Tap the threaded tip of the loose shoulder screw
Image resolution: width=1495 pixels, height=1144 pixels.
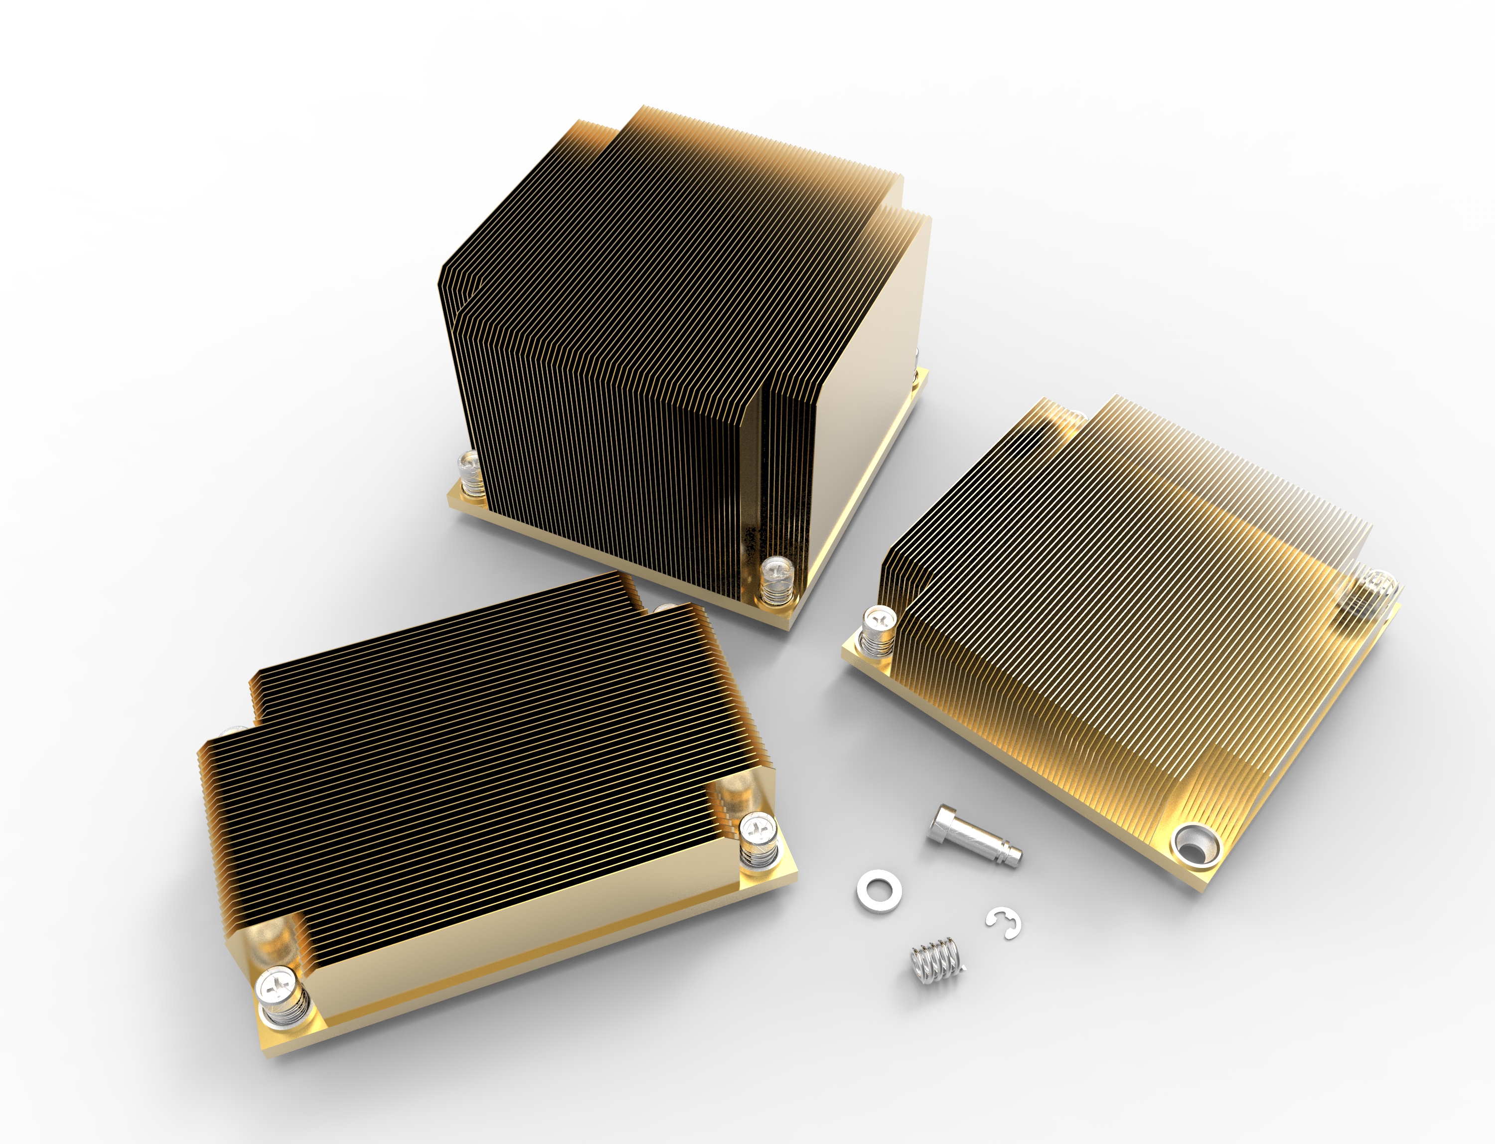coord(1012,858)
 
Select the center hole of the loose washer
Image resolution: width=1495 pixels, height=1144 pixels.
coord(879,889)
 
